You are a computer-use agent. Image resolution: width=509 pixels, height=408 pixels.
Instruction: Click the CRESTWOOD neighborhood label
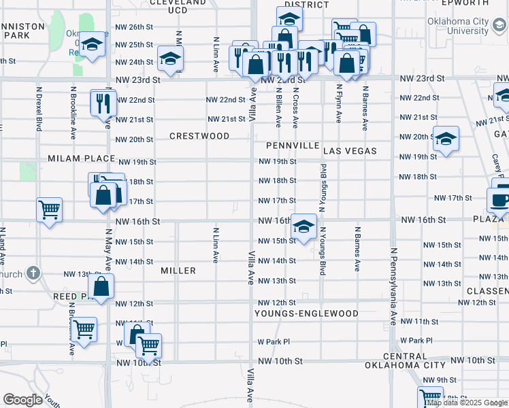[x=200, y=136]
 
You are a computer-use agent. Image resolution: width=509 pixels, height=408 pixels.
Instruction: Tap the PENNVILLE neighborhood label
[x=293, y=146]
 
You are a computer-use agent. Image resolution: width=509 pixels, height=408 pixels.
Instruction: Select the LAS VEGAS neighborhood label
[x=350, y=150]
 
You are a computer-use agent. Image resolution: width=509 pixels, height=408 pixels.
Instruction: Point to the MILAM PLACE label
[x=82, y=158]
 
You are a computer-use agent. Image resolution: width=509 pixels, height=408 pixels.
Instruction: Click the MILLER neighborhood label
[x=178, y=271]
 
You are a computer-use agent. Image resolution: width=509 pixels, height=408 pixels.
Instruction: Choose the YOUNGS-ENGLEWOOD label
[x=306, y=313]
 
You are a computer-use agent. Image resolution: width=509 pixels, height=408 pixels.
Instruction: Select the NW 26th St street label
[x=134, y=27]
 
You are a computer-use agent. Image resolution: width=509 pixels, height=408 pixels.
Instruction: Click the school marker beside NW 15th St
[x=303, y=226]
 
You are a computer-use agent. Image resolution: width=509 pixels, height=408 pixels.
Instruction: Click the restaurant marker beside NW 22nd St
[x=103, y=103]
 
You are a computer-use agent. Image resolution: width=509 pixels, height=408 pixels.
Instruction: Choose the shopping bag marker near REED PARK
[x=100, y=286]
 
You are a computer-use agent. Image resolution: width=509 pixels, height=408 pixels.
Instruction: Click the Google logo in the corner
[x=23, y=400]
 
